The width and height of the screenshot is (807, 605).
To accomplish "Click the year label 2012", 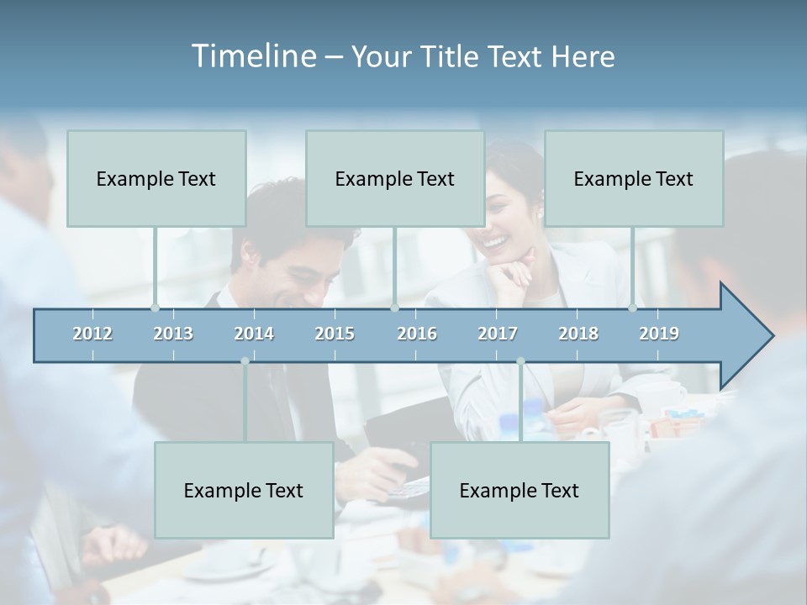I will (92, 334).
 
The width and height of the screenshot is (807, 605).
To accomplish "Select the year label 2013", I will (173, 334).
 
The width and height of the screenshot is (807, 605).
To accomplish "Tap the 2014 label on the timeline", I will (254, 334).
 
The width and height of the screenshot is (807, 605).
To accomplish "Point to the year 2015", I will (335, 334).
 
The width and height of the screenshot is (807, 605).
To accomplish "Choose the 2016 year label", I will (417, 334).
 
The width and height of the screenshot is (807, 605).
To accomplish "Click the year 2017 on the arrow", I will (498, 334).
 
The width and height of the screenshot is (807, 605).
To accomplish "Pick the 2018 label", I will (578, 334).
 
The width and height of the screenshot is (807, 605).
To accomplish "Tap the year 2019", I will (659, 334).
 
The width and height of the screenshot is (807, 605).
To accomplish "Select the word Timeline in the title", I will (253, 56).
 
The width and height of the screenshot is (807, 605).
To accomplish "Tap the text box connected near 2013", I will (156, 178).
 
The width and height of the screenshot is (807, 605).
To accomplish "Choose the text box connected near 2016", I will (395, 178).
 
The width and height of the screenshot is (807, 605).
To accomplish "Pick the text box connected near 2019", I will (634, 178).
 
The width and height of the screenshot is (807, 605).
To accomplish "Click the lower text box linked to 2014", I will (244, 490).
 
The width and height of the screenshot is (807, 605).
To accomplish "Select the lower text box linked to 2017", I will (520, 490).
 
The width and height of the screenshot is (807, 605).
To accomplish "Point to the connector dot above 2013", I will (155, 308).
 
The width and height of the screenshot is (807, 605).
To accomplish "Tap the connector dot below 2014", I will (245, 361).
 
